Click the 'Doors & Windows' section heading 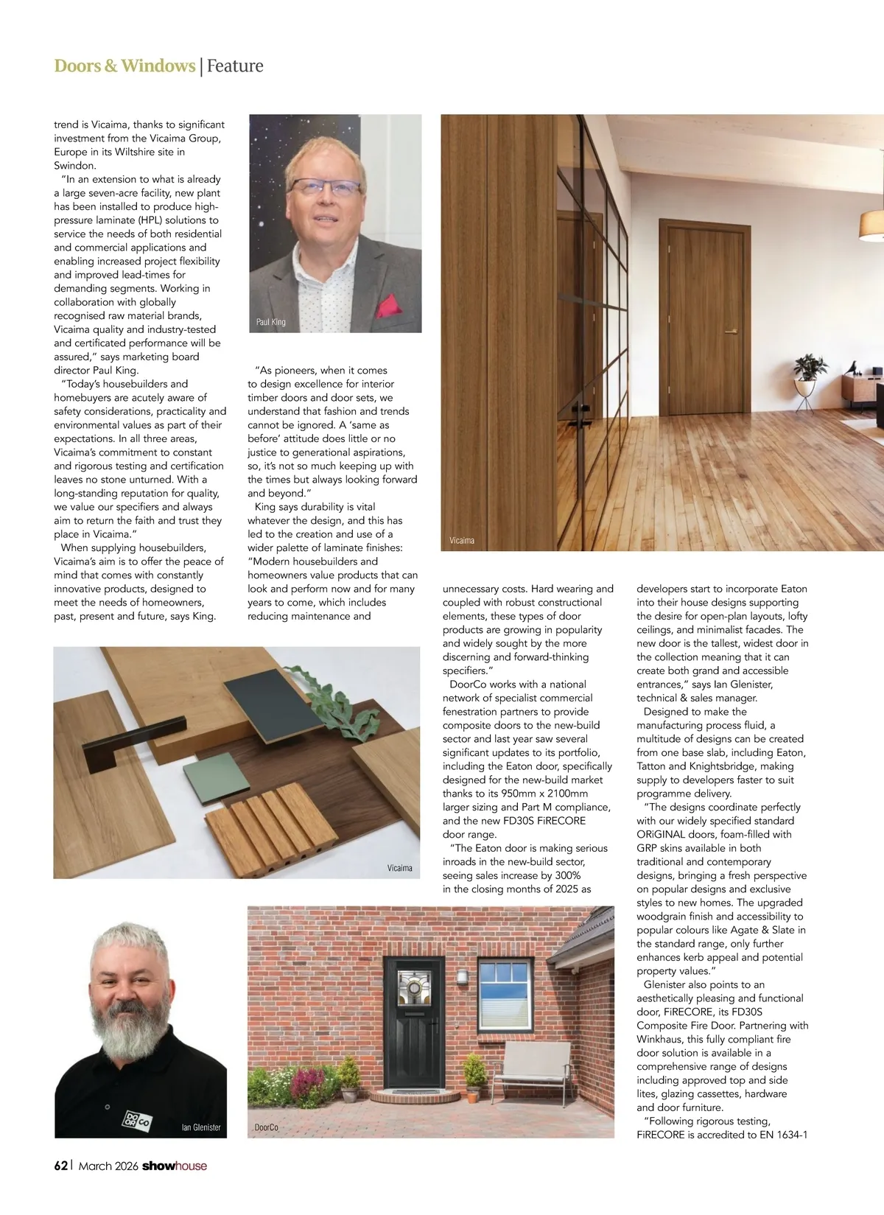(x=124, y=66)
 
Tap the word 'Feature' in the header (x=235, y=66)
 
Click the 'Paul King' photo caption (x=270, y=322)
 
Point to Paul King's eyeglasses (x=324, y=187)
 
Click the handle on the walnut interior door (x=730, y=332)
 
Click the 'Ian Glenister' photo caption (x=201, y=1127)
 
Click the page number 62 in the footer (x=61, y=1166)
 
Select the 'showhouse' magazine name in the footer (x=175, y=1166)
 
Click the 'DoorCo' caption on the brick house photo (x=266, y=1127)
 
